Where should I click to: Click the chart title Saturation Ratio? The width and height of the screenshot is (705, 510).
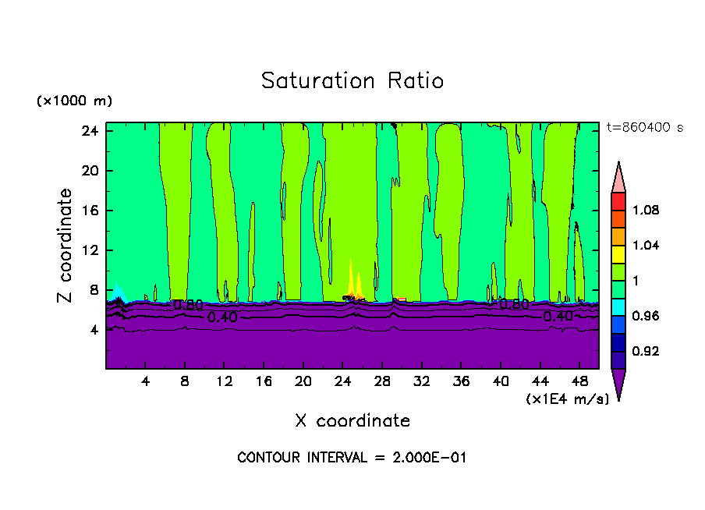352,81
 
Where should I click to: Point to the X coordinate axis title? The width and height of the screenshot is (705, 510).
352,421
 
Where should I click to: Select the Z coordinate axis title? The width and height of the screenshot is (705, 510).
66,246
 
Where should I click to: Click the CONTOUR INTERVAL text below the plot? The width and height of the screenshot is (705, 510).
352,458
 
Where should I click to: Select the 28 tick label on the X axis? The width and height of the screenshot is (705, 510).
382,381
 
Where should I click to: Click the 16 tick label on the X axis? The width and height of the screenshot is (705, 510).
264,381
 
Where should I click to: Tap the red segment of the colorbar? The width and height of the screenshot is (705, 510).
618,201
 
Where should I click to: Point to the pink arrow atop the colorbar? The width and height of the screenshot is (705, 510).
618,178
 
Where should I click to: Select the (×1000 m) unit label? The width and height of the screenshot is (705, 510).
74,101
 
